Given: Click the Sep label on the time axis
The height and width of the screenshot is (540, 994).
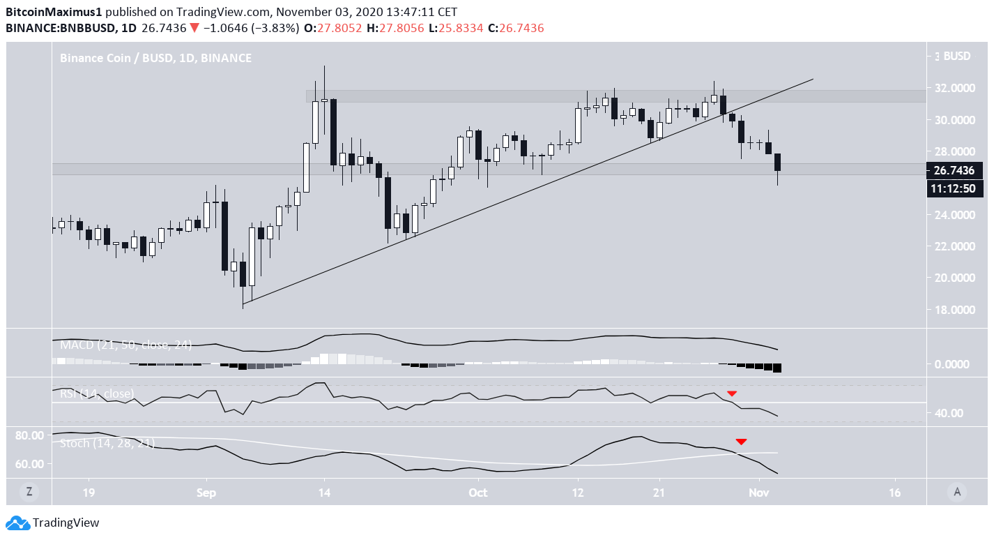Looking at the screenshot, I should click(x=206, y=493).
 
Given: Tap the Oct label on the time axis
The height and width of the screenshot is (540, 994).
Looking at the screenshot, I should click(x=477, y=493).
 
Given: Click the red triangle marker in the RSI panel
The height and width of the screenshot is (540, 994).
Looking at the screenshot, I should click(x=732, y=394).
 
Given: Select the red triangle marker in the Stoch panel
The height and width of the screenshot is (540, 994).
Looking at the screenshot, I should click(x=741, y=442).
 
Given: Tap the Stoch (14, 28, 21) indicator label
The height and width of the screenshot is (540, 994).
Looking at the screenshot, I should click(x=105, y=443).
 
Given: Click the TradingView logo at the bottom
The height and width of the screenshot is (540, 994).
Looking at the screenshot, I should click(x=54, y=523).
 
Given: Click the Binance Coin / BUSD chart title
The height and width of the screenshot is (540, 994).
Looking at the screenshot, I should click(x=155, y=59).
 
